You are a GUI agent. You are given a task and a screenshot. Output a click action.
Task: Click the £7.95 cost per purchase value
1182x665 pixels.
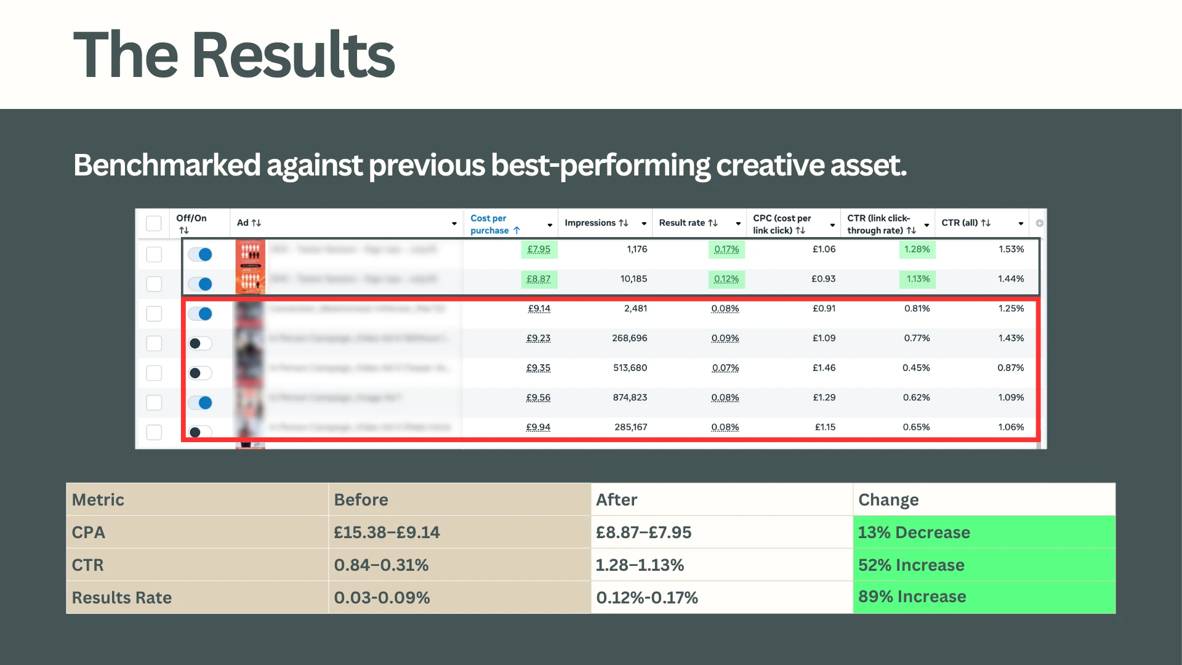click(539, 249)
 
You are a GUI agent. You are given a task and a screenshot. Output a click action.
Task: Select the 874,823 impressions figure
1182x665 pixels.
click(630, 398)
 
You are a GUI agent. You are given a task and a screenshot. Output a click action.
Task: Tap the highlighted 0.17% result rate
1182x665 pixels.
click(726, 249)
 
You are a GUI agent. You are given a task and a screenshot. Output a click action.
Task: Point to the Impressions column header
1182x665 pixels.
click(590, 223)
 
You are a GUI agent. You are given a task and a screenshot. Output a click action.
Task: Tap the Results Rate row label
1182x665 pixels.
click(122, 598)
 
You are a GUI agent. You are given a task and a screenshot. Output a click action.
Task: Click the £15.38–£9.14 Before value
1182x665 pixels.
click(387, 533)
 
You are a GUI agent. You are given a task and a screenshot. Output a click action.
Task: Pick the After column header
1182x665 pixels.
click(617, 500)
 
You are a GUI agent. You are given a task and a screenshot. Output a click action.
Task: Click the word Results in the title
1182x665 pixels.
click(294, 55)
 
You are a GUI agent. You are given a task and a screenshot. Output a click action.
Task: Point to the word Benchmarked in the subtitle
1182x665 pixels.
click(167, 166)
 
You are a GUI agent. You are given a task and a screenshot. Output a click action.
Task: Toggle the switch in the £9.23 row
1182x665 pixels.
click(200, 344)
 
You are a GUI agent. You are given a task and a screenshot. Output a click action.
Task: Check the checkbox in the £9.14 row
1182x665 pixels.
click(154, 314)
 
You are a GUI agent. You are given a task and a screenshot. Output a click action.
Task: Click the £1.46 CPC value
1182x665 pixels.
click(824, 368)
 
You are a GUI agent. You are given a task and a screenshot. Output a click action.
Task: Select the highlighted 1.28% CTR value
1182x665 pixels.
click(917, 249)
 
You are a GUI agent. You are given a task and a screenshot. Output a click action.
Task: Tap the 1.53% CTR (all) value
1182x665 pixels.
click(1011, 249)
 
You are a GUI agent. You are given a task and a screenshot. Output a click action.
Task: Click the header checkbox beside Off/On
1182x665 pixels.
click(154, 224)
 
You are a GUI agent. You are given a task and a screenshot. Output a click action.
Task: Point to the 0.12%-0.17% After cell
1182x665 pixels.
click(647, 598)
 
